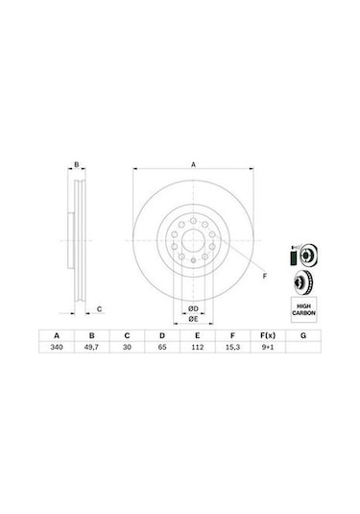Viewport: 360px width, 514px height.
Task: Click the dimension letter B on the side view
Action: (76, 165)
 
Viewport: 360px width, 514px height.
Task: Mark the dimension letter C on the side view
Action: (100, 309)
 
